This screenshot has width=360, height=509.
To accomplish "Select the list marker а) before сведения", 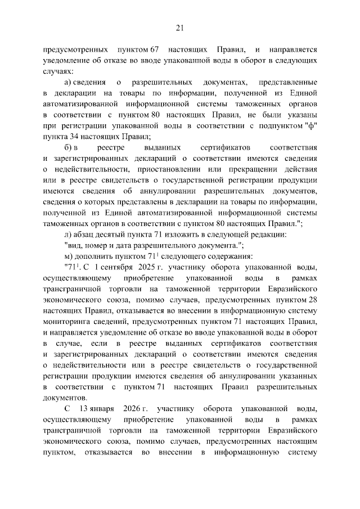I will [x=69, y=82].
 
